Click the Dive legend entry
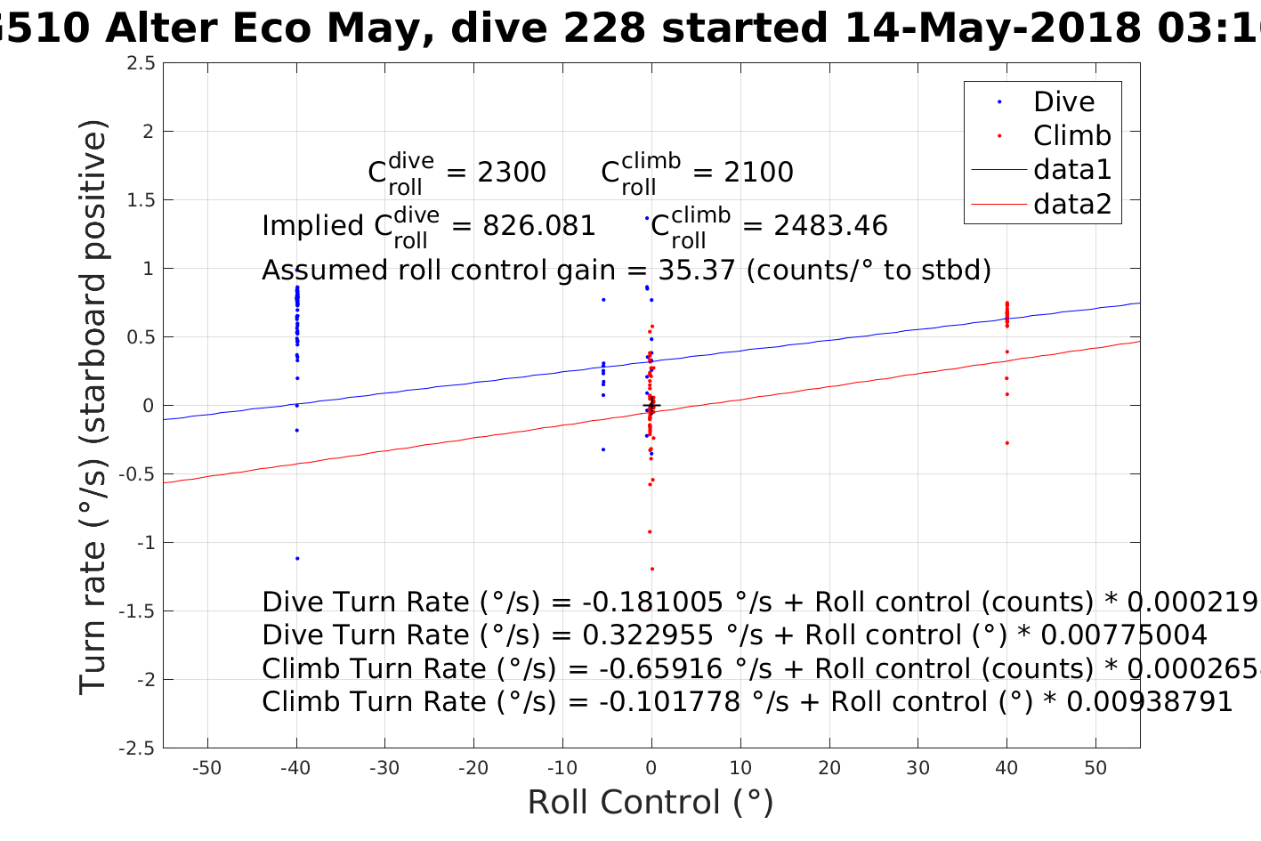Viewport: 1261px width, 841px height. (x=1063, y=101)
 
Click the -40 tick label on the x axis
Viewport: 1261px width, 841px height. (x=295, y=769)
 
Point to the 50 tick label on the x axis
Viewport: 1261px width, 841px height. (x=1095, y=769)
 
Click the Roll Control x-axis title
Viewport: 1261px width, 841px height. (x=651, y=803)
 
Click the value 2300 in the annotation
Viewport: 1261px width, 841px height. (x=512, y=172)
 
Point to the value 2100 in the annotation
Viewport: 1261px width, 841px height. (x=758, y=172)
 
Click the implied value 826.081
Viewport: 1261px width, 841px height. (x=538, y=226)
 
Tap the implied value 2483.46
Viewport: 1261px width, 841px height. (x=830, y=226)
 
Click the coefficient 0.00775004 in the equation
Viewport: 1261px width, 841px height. (x=1123, y=635)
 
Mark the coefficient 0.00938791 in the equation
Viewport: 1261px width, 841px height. (x=1149, y=702)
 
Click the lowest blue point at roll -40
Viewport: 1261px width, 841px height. (x=297, y=559)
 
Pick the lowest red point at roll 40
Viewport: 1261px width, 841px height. (x=1006, y=443)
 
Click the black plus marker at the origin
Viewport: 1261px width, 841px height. (x=651, y=406)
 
